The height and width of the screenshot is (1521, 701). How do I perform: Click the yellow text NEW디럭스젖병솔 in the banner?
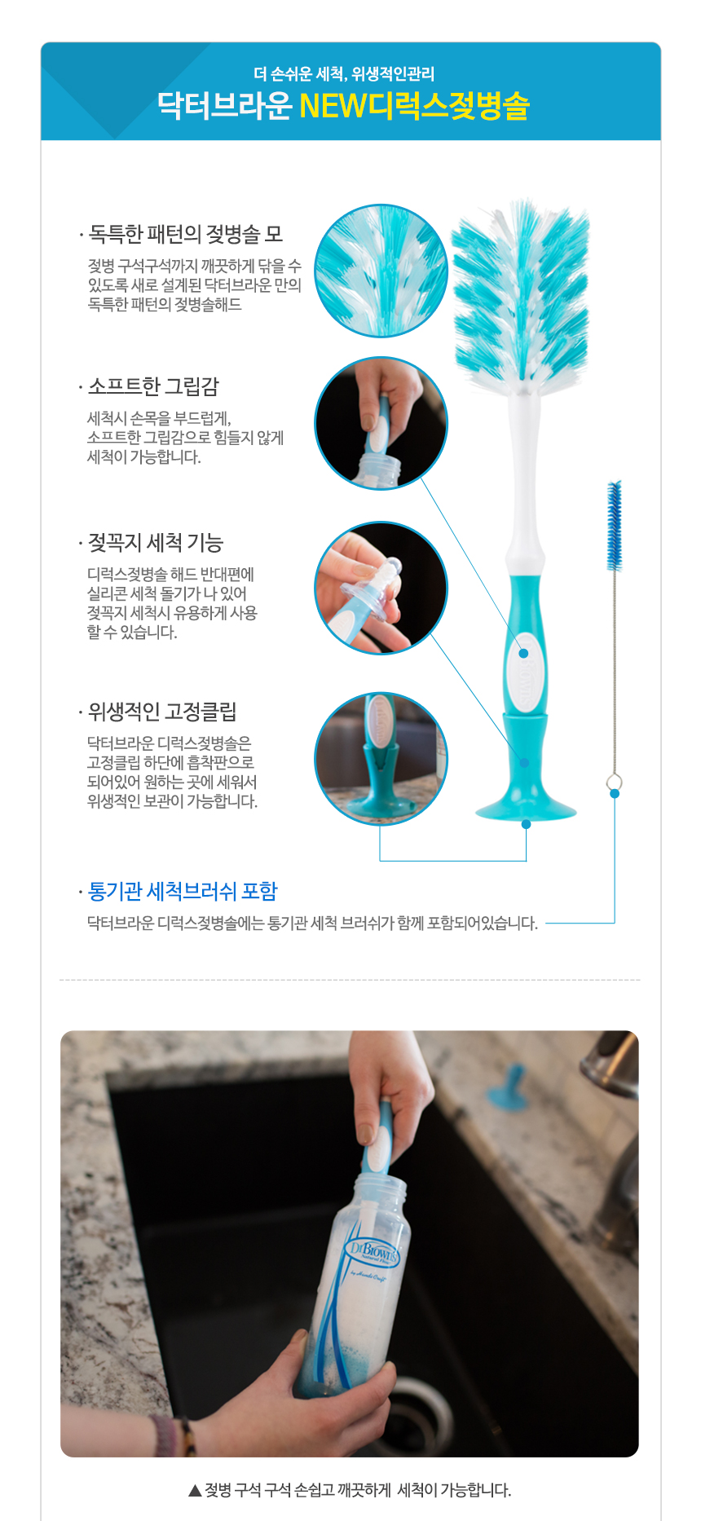[415, 106]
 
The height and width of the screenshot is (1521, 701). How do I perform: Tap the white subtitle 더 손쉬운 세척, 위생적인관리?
[344, 74]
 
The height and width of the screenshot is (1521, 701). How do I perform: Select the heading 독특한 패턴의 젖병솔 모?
[186, 235]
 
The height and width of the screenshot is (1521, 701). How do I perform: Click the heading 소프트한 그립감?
[153, 386]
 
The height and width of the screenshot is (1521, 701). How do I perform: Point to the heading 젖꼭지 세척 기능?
[156, 543]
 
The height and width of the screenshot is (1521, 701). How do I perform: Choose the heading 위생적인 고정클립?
[162, 712]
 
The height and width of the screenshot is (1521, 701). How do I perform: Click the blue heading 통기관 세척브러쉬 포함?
[183, 891]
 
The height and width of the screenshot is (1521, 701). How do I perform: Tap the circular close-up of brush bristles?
[381, 271]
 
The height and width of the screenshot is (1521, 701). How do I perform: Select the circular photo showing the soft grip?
[381, 423]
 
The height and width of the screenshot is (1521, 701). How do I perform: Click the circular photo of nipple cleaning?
[381, 588]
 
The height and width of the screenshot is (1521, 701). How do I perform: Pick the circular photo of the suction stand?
[381, 759]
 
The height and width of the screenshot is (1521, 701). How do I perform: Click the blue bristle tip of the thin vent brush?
[614, 526]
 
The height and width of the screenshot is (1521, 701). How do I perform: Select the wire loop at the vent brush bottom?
[615, 783]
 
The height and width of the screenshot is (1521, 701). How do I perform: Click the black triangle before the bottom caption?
[195, 1490]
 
